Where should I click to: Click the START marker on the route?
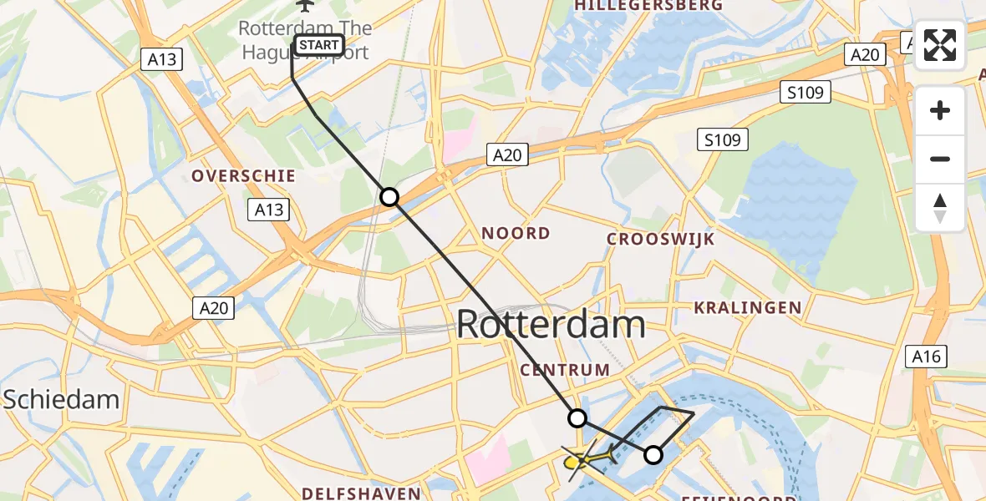(318, 45)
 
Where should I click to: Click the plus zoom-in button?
(940, 111)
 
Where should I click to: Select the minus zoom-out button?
(940, 159)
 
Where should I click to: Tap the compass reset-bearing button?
(940, 208)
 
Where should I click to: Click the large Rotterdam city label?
(551, 324)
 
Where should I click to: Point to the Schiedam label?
(61, 399)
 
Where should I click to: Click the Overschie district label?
(243, 176)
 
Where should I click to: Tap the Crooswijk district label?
(661, 240)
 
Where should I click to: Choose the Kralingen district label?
(748, 308)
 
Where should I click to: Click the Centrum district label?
(565, 369)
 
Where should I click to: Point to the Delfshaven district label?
(361, 493)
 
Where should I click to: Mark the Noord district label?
(516, 233)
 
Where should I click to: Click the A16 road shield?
(926, 357)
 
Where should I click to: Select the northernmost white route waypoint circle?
(389, 197)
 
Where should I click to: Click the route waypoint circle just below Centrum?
(577, 417)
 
